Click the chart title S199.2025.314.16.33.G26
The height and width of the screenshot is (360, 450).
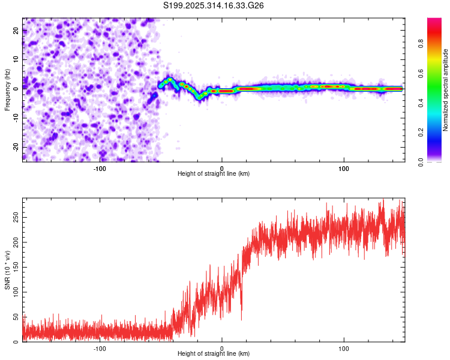click(x=214, y=5)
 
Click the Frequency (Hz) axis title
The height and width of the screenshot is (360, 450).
click(x=7, y=90)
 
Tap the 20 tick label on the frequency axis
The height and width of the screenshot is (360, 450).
click(x=16, y=32)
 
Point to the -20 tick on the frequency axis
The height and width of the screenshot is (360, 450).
click(x=16, y=147)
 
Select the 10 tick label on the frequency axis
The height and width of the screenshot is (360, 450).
click(x=16, y=61)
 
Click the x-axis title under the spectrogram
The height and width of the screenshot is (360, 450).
click(x=214, y=173)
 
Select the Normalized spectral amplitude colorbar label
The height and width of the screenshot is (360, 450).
click(x=446, y=90)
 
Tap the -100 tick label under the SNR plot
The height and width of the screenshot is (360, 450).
click(x=100, y=348)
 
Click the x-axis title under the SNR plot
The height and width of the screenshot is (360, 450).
click(x=214, y=354)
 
